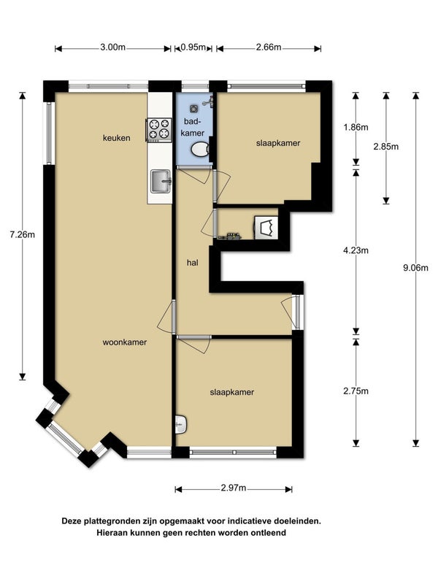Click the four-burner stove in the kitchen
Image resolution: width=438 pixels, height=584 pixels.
click(159, 130)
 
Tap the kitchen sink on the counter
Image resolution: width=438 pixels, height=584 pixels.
click(161, 181)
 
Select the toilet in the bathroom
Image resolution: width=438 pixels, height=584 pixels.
click(200, 150)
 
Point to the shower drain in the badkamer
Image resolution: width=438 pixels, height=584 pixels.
click(194, 108)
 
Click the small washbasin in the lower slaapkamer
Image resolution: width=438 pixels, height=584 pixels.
click(181, 425)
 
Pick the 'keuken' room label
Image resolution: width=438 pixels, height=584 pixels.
click(117, 138)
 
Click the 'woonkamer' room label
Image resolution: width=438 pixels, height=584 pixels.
click(125, 342)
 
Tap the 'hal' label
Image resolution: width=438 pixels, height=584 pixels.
click(193, 263)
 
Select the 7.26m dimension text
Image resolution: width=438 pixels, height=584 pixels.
click(23, 234)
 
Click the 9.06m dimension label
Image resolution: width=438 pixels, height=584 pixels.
click(415, 267)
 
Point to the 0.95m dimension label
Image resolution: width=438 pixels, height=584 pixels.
click(193, 47)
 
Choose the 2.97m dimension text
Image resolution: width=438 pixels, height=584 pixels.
click(233, 488)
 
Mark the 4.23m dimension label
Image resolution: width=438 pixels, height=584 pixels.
click(356, 250)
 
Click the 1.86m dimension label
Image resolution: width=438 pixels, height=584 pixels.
click(356, 127)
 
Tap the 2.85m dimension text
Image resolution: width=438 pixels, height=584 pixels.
click(386, 147)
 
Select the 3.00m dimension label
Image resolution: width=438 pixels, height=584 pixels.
click(113, 47)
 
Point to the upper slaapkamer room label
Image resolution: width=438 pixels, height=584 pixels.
click(278, 143)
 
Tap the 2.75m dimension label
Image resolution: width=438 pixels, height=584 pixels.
click(356, 391)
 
